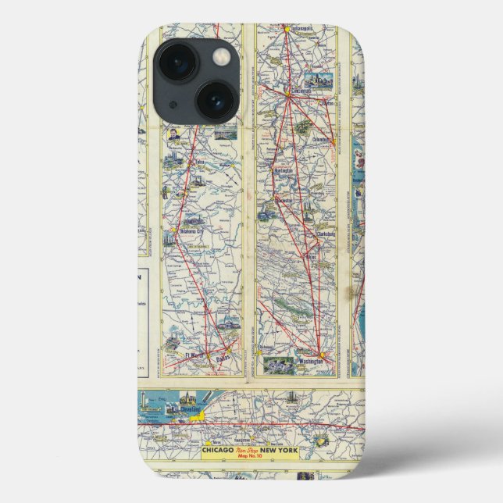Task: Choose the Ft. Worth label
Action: [194, 355]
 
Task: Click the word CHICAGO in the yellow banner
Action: [221, 451]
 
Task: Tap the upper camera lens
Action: [179, 62]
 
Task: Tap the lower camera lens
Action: [216, 101]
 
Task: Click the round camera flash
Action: [222, 55]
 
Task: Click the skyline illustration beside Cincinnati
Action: [320, 80]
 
